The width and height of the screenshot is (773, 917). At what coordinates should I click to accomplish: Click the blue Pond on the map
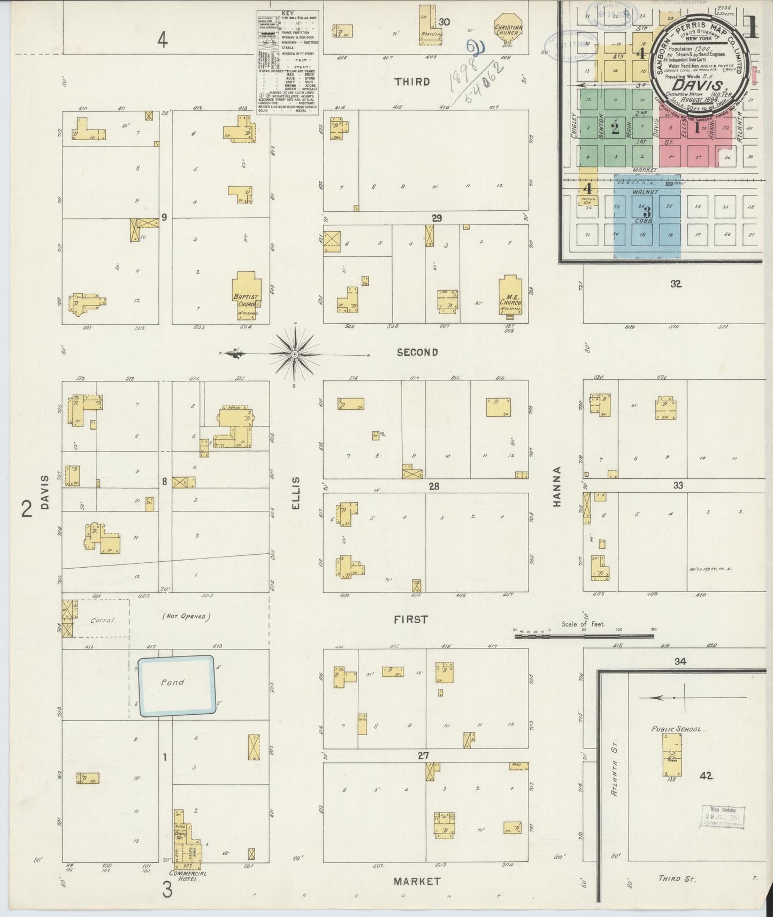[x=177, y=685]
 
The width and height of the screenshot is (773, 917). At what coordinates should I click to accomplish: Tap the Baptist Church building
[x=246, y=294]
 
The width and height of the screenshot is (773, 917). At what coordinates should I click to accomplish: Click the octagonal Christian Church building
[x=508, y=29]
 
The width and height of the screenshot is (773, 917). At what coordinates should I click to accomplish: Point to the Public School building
[x=672, y=754]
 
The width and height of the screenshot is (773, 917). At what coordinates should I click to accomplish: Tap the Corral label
[x=103, y=620]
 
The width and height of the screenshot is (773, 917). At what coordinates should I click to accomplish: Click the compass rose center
[x=295, y=354]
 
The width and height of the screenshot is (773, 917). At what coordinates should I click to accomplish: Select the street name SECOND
[x=417, y=352]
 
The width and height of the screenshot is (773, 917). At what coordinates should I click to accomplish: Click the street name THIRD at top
[x=412, y=81]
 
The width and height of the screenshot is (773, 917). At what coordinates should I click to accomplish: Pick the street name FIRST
[x=411, y=620]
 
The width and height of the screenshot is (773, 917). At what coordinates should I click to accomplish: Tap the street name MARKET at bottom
[x=417, y=881]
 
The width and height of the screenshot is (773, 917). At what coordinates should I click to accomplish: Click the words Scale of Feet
[x=583, y=624]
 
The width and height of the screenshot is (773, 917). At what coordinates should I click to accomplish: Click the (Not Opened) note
[x=184, y=616]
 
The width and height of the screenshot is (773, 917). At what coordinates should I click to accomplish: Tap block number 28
[x=434, y=486]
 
